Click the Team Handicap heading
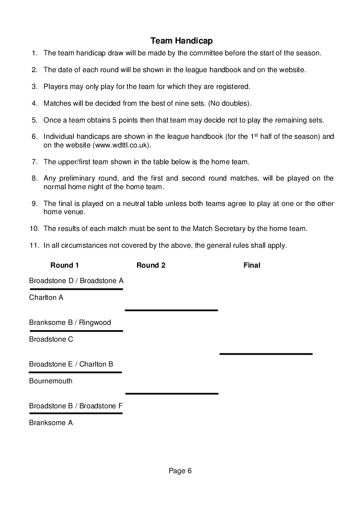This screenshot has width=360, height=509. [x=181, y=41]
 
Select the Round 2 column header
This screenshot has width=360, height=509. [x=151, y=265]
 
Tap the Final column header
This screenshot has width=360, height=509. [x=252, y=265]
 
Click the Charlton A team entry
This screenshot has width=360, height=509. [x=46, y=298]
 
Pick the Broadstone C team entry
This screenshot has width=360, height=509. [x=51, y=339]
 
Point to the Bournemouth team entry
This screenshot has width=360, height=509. [x=51, y=381]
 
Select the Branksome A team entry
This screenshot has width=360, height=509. [x=51, y=423]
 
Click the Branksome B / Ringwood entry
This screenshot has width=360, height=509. [x=70, y=323]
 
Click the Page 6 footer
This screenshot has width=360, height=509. [x=180, y=471]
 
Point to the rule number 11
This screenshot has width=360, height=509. [x=34, y=245]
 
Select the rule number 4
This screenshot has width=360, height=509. [x=34, y=103]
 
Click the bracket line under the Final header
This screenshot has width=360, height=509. [x=266, y=353]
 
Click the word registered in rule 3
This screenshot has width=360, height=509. [x=232, y=86]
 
